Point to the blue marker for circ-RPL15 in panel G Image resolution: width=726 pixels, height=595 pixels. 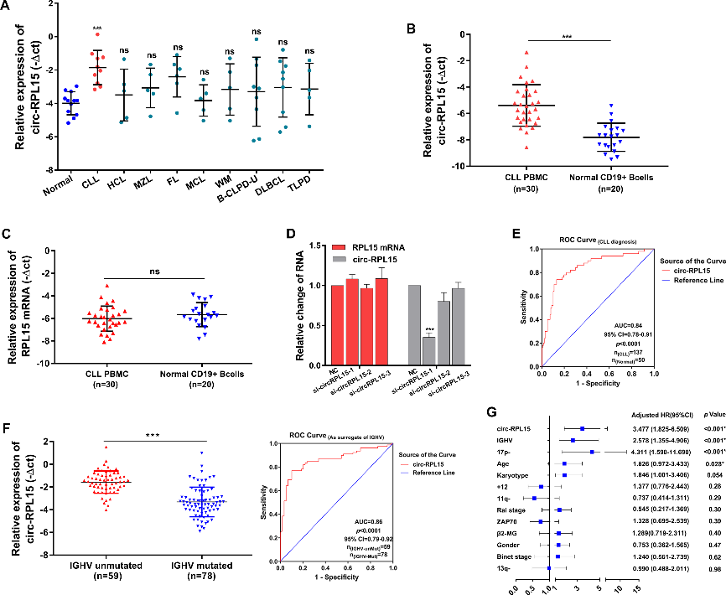(581, 429)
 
